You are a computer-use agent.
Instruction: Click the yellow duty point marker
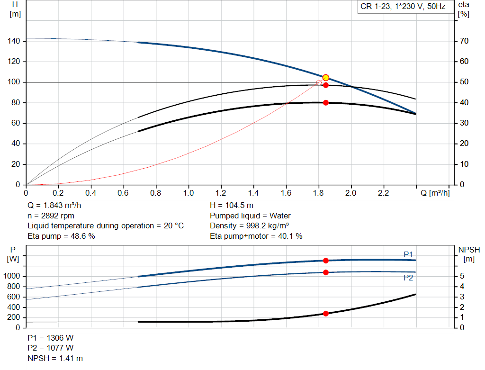click(325, 78)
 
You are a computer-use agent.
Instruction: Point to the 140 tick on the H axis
click(14, 41)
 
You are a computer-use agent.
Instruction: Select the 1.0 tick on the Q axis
click(189, 193)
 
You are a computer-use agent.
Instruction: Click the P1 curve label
click(408, 254)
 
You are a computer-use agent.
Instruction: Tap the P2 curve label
click(408, 278)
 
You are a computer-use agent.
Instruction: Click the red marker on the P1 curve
click(325, 261)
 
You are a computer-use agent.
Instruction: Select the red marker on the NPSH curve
click(325, 314)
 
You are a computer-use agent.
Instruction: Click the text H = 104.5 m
click(232, 206)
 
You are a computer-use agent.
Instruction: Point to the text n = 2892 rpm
click(51, 216)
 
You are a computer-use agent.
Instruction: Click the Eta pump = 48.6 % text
click(61, 236)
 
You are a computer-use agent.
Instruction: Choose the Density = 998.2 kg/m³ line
click(250, 226)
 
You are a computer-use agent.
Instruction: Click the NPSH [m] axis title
click(469, 254)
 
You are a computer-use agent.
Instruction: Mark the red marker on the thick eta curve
click(325, 103)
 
